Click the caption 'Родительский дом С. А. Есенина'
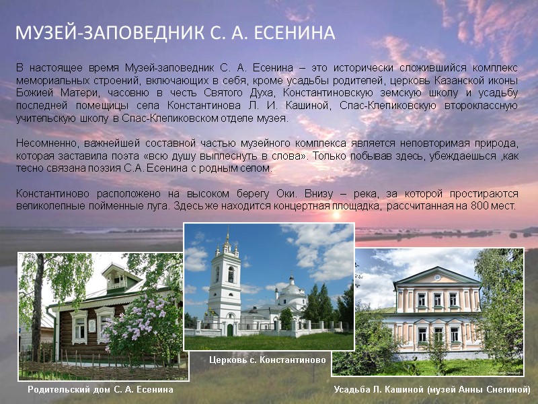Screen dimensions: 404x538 pos(100,389)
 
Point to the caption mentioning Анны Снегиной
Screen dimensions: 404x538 pos(432,389)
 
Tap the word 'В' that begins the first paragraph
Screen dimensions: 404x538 pos(20,69)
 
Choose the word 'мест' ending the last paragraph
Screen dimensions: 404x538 pos(504,206)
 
